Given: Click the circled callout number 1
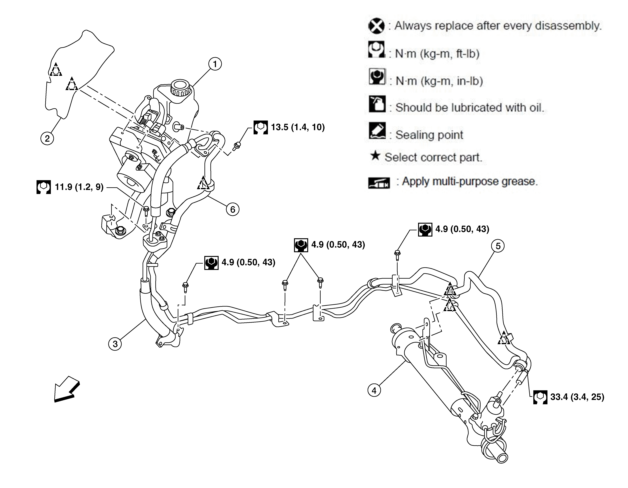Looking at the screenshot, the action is pyautogui.click(x=215, y=64).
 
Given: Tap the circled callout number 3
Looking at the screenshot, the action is pyautogui.click(x=115, y=344).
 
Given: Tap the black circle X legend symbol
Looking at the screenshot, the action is pyautogui.click(x=376, y=26).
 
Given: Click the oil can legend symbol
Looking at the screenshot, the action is pyautogui.click(x=377, y=104).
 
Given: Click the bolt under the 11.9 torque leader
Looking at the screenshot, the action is pyautogui.click(x=146, y=212).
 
